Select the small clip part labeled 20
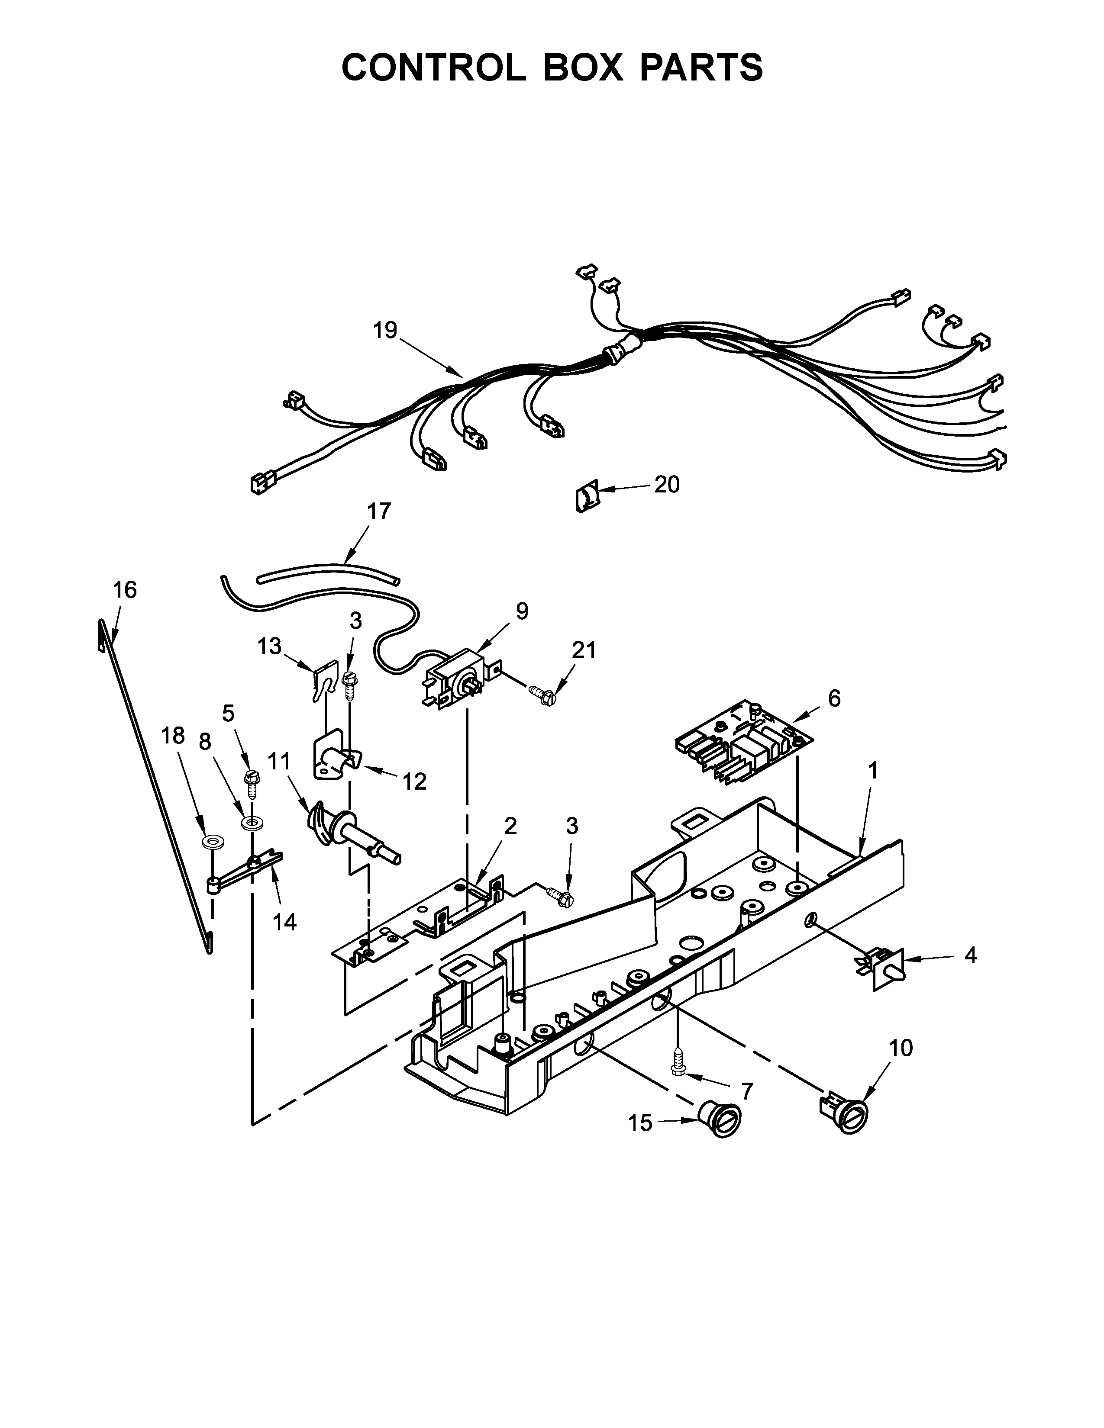coord(585,495)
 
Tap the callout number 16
coord(124,590)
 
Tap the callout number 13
coord(269,646)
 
